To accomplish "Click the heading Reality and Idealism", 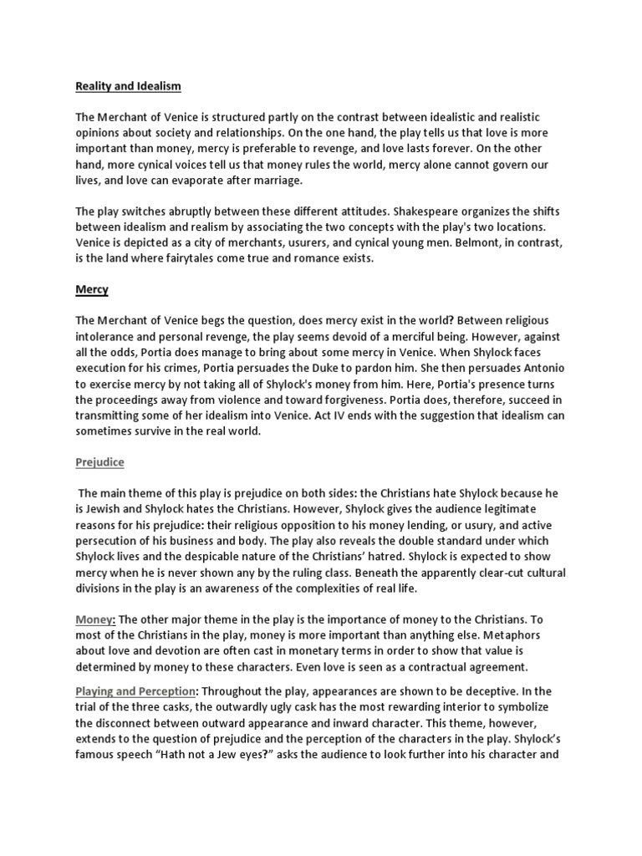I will (128, 86).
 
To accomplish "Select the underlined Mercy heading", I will (93, 289).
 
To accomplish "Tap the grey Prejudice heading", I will (100, 461).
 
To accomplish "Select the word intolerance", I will (110, 337).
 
